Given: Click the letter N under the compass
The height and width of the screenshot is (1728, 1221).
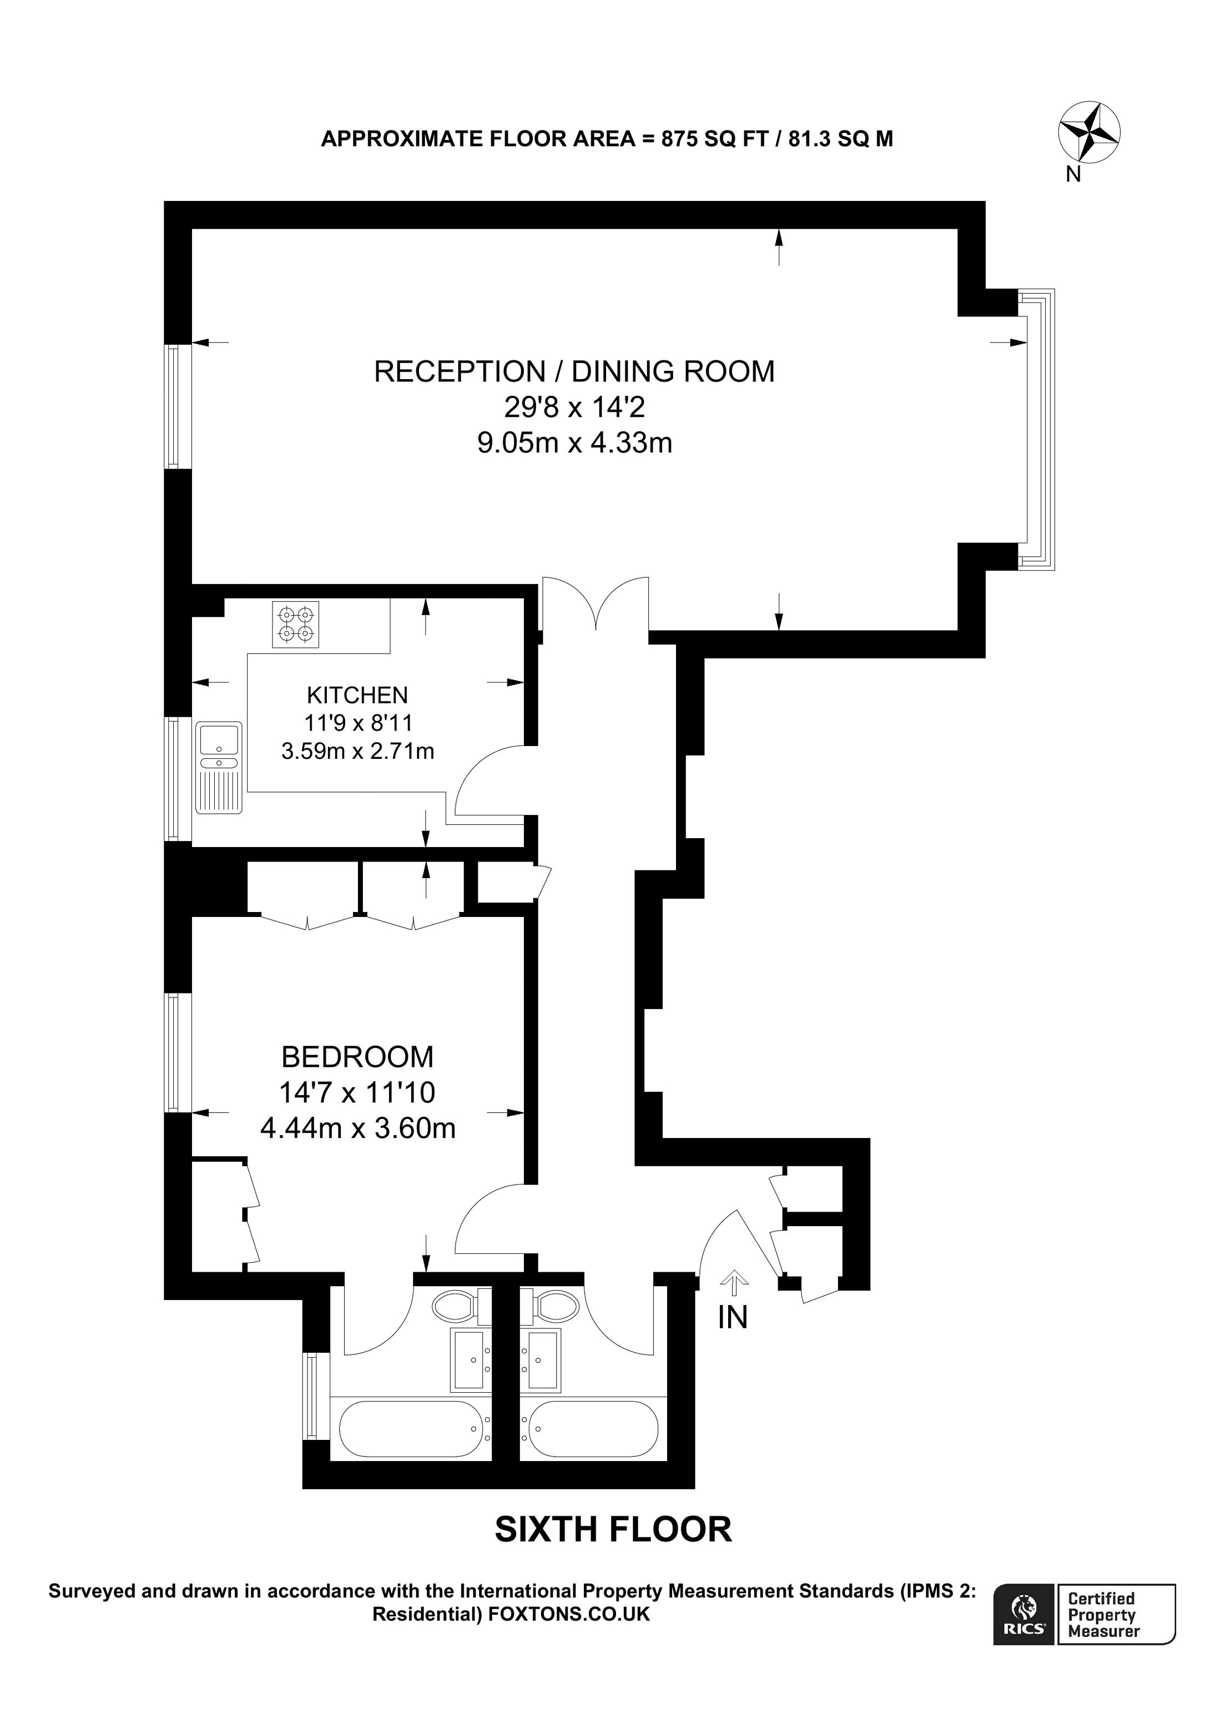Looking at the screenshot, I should point(1073,175).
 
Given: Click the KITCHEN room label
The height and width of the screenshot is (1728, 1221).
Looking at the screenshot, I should point(357,694).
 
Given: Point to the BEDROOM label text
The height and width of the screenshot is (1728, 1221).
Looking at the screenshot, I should point(357,1057).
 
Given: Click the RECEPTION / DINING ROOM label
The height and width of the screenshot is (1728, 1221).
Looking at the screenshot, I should point(574,372).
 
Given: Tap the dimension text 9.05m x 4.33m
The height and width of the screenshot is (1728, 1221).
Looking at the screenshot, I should point(574,442).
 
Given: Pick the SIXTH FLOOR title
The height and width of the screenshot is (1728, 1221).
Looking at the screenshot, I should point(613,1529).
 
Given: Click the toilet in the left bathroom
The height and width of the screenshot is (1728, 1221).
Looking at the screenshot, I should point(456,1307).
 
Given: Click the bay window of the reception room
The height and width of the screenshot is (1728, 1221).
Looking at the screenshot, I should point(1038,429).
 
